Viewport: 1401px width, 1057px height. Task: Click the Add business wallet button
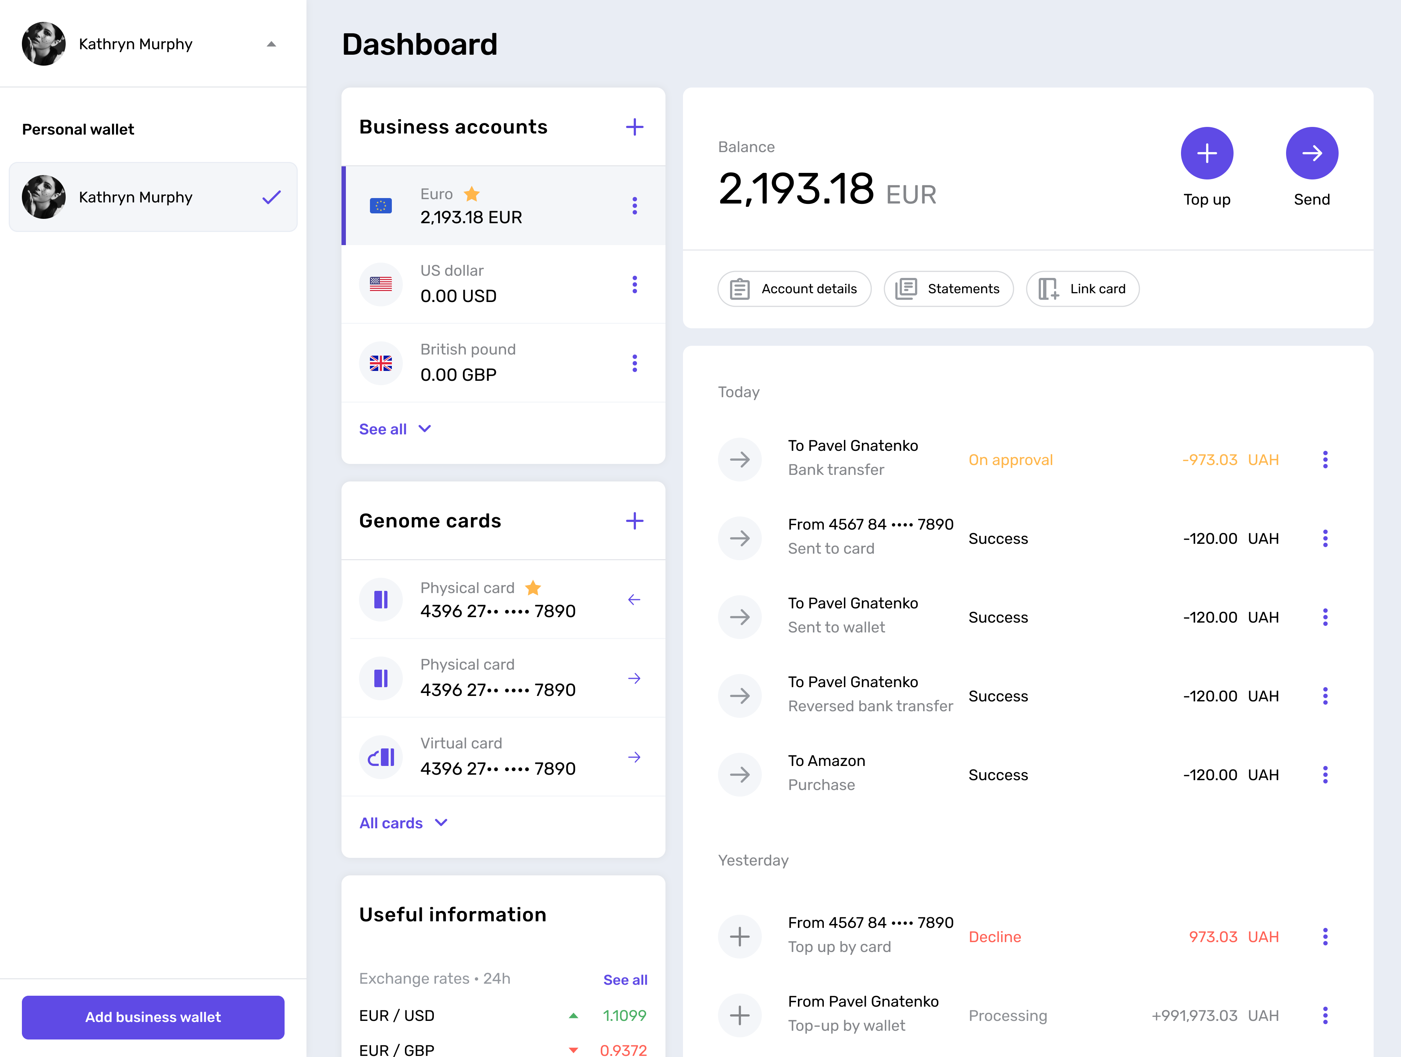click(x=153, y=1017)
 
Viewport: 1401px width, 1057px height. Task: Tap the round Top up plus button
click(x=1207, y=153)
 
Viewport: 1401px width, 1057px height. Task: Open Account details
click(x=794, y=289)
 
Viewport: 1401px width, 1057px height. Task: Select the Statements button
click(x=948, y=289)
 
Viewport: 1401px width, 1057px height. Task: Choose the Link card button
click(x=1082, y=289)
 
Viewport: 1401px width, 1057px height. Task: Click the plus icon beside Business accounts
click(x=634, y=127)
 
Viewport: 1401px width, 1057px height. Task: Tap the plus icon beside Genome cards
click(x=634, y=521)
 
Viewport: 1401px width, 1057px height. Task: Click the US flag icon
click(x=381, y=284)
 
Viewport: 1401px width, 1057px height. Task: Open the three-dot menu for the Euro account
click(x=634, y=206)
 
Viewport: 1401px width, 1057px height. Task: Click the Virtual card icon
click(x=381, y=758)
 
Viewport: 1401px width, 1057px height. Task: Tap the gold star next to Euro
click(x=472, y=193)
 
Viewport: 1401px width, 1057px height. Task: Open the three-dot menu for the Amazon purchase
click(x=1325, y=775)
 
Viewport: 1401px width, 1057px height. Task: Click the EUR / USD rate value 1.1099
click(x=625, y=1016)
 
